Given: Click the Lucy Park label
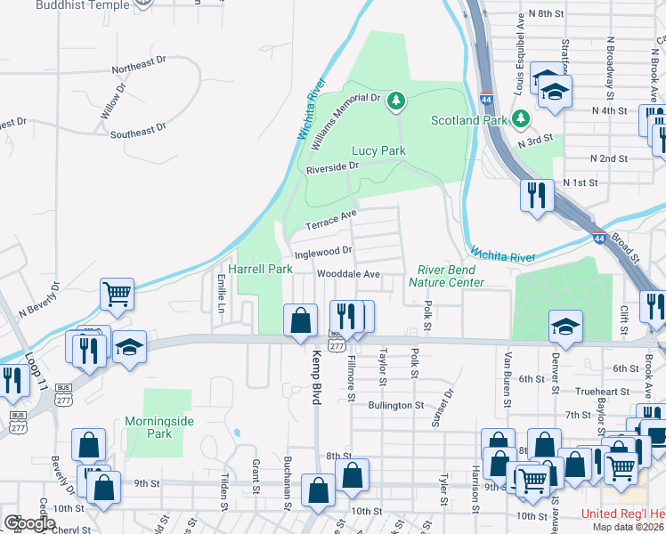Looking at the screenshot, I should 378,150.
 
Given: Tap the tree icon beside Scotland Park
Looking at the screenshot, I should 521,118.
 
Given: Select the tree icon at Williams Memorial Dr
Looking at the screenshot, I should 395,102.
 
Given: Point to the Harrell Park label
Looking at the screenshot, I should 261,268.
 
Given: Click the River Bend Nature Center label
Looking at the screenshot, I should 446,276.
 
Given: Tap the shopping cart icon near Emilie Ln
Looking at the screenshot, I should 118,295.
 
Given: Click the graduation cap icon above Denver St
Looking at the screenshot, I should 566,326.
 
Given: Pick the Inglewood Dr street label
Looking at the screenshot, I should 324,252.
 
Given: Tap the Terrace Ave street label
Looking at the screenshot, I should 331,219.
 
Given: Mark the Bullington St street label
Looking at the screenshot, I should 395,405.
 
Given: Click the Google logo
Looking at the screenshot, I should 29,523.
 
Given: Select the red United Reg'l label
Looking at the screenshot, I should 622,514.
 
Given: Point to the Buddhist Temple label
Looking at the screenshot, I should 81,4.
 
